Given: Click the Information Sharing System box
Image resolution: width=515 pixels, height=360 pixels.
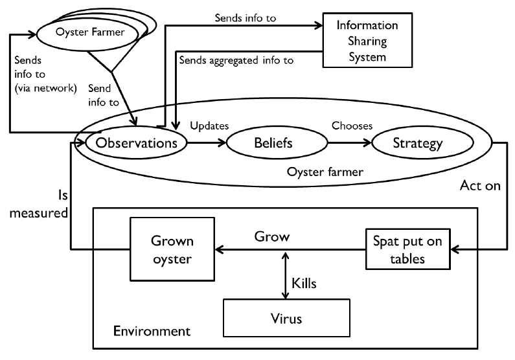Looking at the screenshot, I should pyautogui.click(x=367, y=41).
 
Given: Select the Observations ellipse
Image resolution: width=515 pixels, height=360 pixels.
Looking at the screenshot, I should pyautogui.click(x=136, y=142).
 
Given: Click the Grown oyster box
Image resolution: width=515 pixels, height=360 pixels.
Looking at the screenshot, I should pyautogui.click(x=172, y=249).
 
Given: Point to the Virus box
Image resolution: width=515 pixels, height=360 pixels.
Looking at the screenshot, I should pyautogui.click(x=286, y=318).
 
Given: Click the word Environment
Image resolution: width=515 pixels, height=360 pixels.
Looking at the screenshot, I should pyautogui.click(x=152, y=331).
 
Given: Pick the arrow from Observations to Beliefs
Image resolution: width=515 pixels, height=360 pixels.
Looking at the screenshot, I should pyautogui.click(x=205, y=142).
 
